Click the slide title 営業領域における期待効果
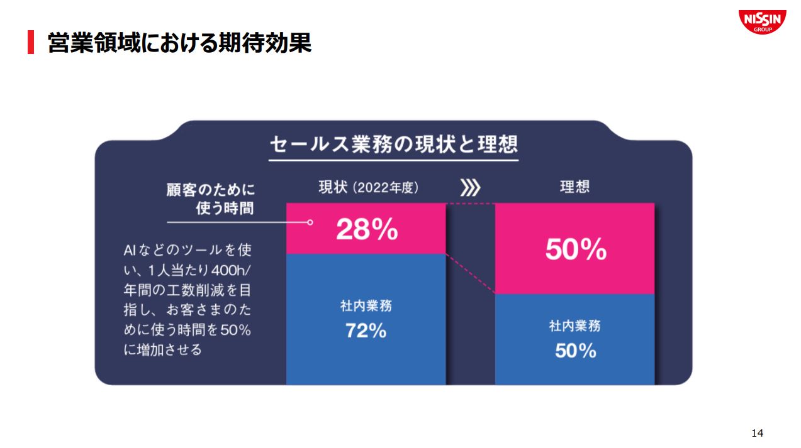click(x=179, y=43)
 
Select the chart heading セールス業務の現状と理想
click(x=393, y=144)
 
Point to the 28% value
click(x=367, y=231)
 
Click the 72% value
click(x=366, y=331)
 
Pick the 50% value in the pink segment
click(x=575, y=250)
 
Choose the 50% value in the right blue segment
click(x=575, y=351)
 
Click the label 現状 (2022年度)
click(x=368, y=187)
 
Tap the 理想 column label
click(x=574, y=187)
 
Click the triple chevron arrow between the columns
click(x=470, y=187)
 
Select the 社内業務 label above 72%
click(x=366, y=306)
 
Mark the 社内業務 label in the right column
click(x=575, y=326)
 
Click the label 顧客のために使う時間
click(x=211, y=199)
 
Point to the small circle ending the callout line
click(x=310, y=222)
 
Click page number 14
click(x=757, y=433)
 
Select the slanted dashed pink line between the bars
click(x=470, y=274)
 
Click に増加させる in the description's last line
click(x=163, y=350)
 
